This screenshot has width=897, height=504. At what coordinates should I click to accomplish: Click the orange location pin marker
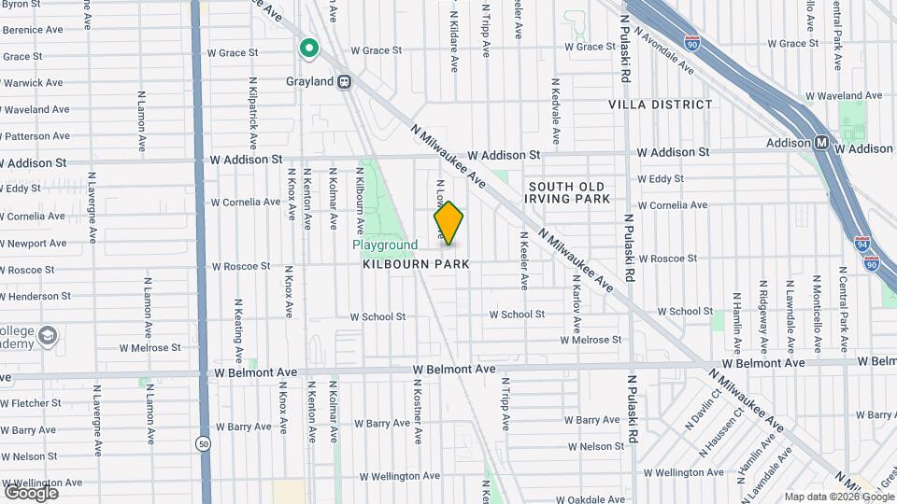coord(448,223)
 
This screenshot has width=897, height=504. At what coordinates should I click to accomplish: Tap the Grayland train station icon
coord(345,81)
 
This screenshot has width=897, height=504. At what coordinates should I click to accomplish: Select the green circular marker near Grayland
coord(308,48)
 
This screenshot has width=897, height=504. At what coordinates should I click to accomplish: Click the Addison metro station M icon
coord(822,143)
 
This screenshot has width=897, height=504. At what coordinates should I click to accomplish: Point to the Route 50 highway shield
coord(203,443)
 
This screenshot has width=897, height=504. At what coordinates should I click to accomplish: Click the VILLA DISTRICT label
coord(661,105)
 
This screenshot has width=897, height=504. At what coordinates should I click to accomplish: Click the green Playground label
coord(385,245)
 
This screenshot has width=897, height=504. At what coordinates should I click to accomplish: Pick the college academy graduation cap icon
coord(48,334)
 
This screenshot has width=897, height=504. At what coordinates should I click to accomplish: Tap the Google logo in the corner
coord(31,492)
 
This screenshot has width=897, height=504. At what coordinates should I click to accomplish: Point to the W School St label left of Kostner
coord(377,316)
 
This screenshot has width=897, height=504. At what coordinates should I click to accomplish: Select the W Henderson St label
coord(36,296)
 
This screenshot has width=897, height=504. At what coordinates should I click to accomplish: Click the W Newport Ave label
coord(34,244)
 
